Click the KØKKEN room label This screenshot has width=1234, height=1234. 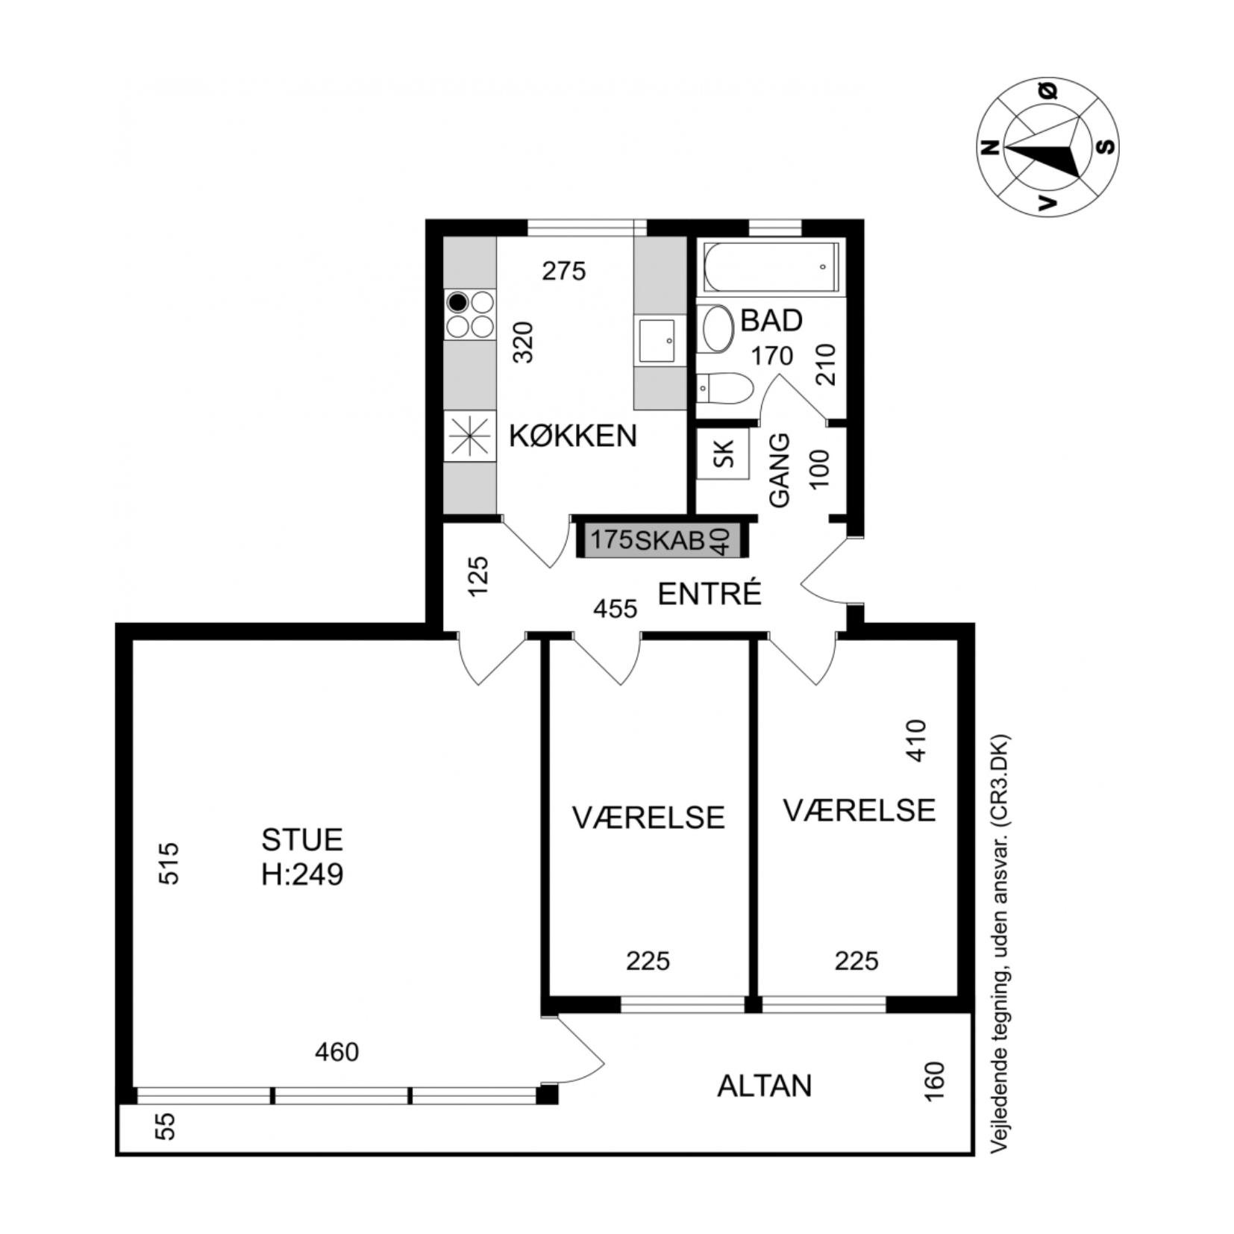pyautogui.click(x=572, y=436)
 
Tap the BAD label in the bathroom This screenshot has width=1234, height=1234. pyautogui.click(x=771, y=320)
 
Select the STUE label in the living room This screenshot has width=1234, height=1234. pyautogui.click(x=301, y=840)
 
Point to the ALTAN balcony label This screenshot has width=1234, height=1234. pyautogui.click(x=764, y=1086)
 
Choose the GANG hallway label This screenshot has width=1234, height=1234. pyautogui.click(x=779, y=471)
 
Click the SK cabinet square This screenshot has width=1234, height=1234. pyautogui.click(x=722, y=454)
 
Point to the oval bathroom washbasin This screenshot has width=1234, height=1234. pyautogui.click(x=718, y=328)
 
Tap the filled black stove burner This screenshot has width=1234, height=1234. pyautogui.click(x=457, y=302)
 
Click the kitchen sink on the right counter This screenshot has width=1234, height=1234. pyautogui.click(x=657, y=341)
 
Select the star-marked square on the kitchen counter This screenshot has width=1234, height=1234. pyautogui.click(x=470, y=436)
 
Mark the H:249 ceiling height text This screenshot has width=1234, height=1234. pyautogui.click(x=302, y=874)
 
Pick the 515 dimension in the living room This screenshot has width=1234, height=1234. pyautogui.click(x=170, y=863)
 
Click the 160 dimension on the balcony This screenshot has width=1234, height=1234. pyautogui.click(x=934, y=1080)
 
